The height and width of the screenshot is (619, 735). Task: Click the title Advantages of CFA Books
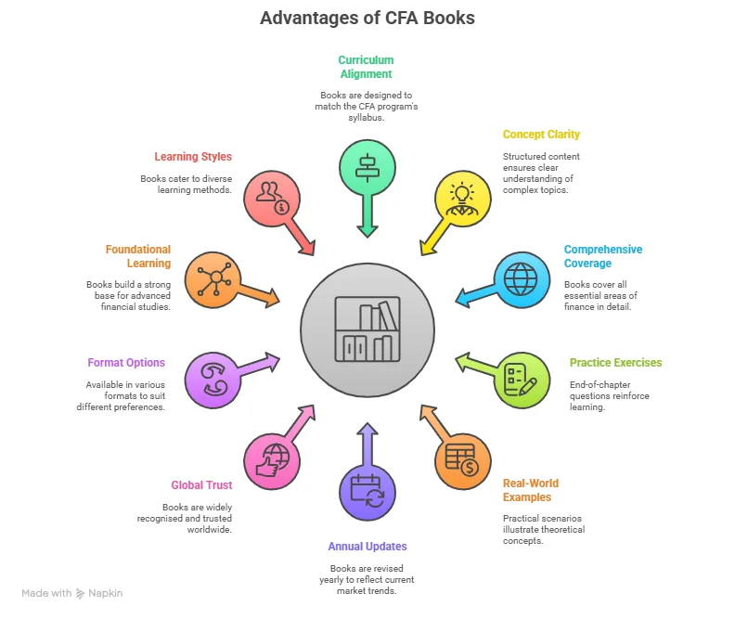point(367,18)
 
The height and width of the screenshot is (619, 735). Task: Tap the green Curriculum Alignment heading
point(365,68)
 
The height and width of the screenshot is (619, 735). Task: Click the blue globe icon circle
point(521,277)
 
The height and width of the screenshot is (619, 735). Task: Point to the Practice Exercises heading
point(615,363)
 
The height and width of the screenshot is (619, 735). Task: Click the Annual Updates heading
point(367,547)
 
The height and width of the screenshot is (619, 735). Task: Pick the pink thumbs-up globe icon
point(271,458)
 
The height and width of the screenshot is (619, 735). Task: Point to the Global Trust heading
point(201,485)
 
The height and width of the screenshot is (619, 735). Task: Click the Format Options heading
point(126,363)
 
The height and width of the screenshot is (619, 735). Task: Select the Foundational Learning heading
point(137,256)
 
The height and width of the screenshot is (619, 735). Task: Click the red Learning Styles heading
point(193,157)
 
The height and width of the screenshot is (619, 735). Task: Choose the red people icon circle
point(271,197)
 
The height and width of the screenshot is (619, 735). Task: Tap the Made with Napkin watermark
point(72,593)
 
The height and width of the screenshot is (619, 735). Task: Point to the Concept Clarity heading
point(541,135)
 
